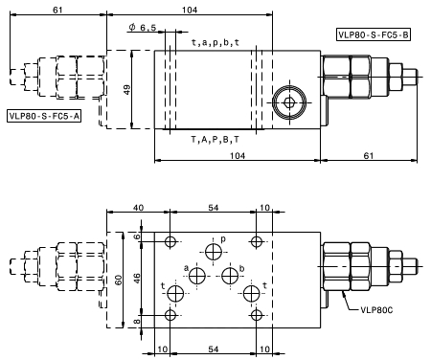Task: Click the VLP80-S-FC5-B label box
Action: click(374, 34)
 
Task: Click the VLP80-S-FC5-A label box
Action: click(44, 116)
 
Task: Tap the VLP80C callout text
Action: click(376, 309)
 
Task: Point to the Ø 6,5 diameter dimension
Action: click(143, 28)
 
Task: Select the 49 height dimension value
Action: click(127, 90)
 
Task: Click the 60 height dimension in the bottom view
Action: click(118, 281)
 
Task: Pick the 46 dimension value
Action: click(136, 279)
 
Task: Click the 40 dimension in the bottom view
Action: click(138, 208)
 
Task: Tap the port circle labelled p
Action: click(214, 252)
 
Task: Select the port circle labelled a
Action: click(197, 276)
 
